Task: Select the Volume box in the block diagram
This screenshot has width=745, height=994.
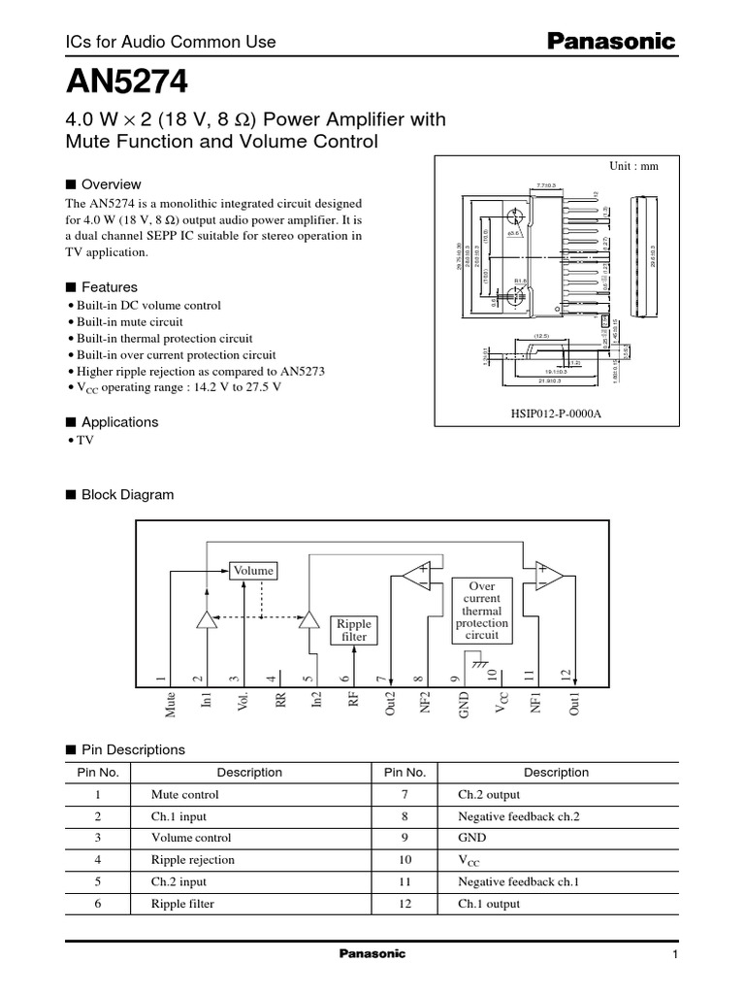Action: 251,570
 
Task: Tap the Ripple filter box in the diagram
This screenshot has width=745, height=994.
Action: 354,629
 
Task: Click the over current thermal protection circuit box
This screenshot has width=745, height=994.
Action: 482,611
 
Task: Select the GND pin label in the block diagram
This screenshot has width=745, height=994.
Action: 463,704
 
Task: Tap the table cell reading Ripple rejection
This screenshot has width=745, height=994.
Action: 193,860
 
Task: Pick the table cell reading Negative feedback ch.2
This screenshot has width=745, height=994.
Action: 518,816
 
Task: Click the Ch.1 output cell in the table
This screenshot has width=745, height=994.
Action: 489,904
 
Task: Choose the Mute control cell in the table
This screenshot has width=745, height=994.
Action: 185,794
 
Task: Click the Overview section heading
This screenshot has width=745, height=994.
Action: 111,184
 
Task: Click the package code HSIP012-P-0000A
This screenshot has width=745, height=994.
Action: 556,412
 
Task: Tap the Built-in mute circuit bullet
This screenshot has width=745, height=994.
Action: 130,321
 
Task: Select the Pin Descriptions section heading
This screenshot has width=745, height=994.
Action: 132,749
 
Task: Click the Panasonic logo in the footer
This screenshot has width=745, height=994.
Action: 372,954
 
